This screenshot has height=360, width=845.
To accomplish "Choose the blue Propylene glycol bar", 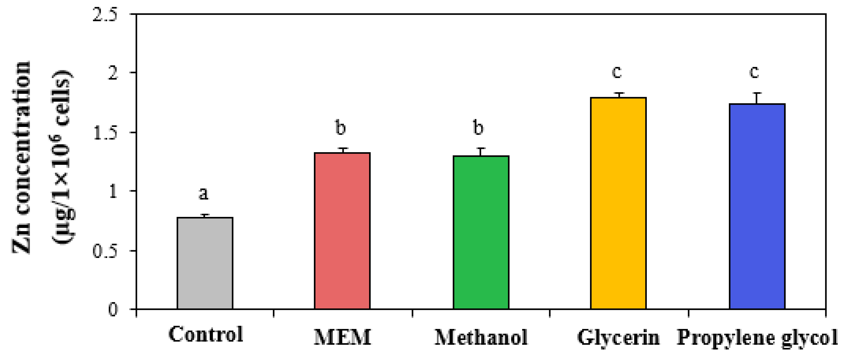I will coord(757,206).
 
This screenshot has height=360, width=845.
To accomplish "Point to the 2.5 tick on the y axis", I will coord(105,15).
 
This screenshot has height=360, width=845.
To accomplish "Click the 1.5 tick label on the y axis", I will coord(105,133).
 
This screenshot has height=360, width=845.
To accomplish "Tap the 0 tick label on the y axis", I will coord(113,309).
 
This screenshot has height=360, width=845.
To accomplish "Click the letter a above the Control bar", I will coord(204,194).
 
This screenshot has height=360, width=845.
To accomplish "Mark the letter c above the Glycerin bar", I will coord(617,72).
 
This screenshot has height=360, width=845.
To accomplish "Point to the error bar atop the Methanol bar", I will coord(481,152).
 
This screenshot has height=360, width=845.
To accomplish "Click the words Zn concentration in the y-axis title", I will coord(21,157).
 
